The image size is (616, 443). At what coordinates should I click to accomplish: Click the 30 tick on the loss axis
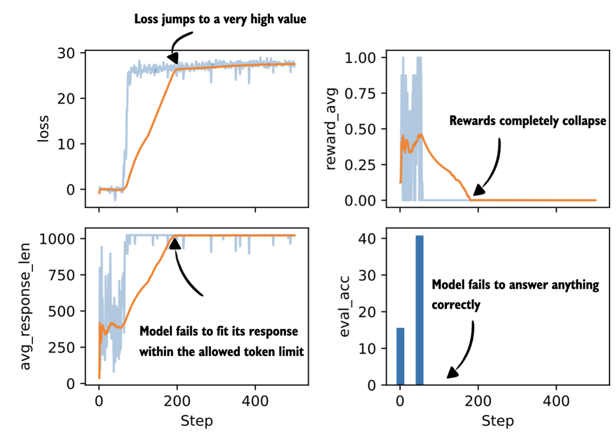coord(69,53)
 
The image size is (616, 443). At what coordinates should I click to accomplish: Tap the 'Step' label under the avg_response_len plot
coord(196,421)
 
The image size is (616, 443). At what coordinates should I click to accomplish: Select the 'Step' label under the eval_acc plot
coord(497,421)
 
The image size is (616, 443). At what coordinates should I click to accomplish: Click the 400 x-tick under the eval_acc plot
coord(556,400)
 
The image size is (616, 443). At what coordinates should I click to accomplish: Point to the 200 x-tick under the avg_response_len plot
coord(177,400)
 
